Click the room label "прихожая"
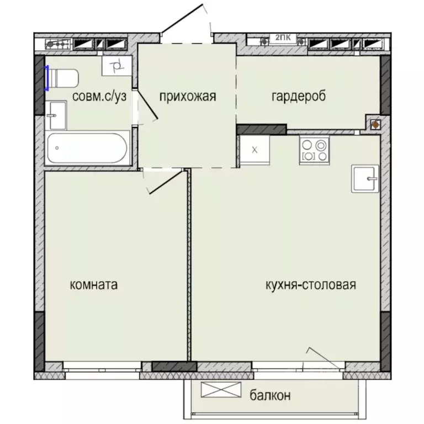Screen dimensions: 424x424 click(187, 97)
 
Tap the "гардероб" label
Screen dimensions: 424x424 click(299, 96)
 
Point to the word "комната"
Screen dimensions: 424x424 click(94, 285)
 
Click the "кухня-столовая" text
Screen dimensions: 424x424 click(310, 285)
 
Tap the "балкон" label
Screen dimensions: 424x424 click(269, 395)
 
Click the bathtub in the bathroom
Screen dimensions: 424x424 click(88, 148)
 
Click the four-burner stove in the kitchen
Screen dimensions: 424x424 click(314, 150)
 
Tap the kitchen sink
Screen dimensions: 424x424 click(365, 178)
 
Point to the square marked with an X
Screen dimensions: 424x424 click(255, 150)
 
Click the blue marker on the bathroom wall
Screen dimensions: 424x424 click(47, 78)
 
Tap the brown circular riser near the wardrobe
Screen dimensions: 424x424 click(375, 125)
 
